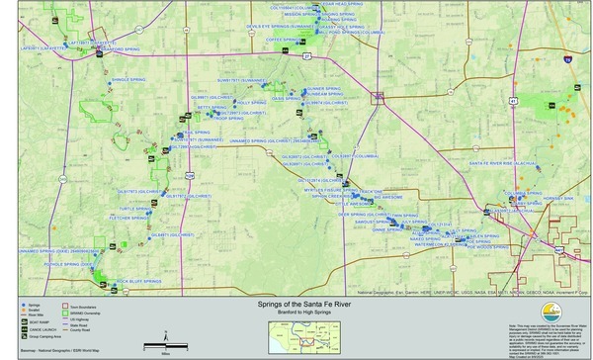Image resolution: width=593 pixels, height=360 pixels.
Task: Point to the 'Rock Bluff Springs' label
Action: tap(136, 282)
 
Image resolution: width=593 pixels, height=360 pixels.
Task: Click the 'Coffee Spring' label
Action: tap(281, 41)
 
